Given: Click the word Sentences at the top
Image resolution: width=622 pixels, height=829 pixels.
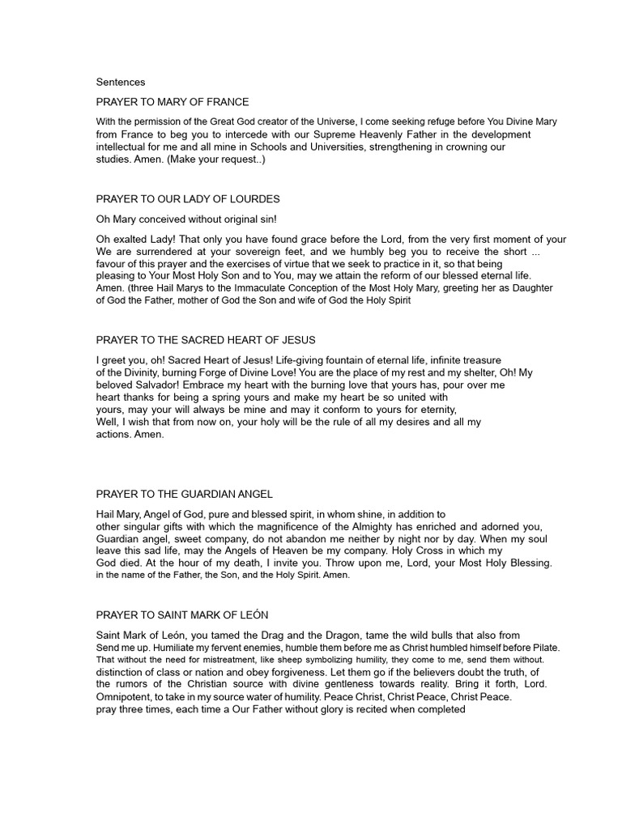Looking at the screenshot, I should [x=121, y=82].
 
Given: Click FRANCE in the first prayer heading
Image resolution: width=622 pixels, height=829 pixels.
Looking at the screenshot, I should [x=227, y=102].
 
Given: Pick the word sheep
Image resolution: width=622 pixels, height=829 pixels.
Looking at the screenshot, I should [x=303, y=660].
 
